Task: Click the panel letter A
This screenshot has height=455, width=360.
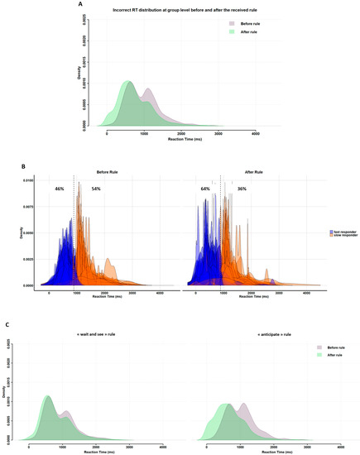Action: [x=79, y=4]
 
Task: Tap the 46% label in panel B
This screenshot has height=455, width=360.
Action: [x=60, y=189]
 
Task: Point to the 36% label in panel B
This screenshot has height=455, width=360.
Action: [x=242, y=189]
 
